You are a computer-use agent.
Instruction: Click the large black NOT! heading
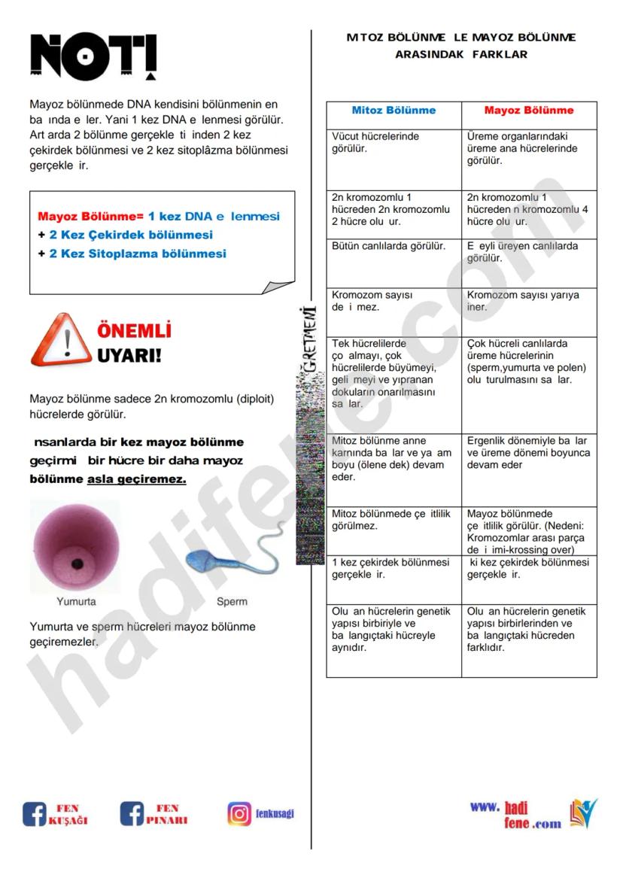click(93, 57)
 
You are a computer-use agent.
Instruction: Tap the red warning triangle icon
click(60, 341)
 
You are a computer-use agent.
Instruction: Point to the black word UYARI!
click(129, 354)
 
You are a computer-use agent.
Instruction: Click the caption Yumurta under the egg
click(76, 602)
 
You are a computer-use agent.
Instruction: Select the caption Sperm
click(232, 602)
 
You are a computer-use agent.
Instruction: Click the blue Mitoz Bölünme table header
click(394, 111)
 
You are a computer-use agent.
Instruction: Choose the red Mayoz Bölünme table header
click(528, 111)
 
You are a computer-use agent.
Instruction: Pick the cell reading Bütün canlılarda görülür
click(388, 246)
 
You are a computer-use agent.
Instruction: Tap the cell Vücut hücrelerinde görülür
click(375, 142)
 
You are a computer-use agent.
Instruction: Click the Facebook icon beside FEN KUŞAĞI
click(35, 814)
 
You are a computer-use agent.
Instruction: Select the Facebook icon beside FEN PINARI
click(132, 814)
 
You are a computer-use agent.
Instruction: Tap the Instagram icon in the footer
click(239, 814)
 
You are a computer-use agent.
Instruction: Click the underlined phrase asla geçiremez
click(137, 479)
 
